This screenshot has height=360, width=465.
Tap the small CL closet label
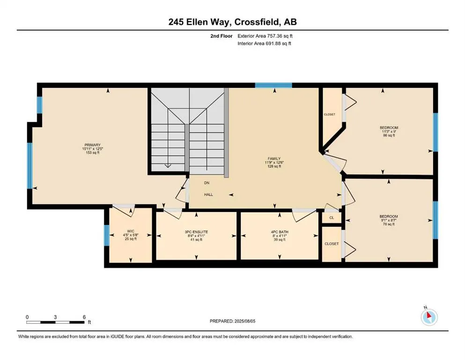[x=332, y=217]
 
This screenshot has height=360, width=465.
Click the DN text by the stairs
[x=207, y=183]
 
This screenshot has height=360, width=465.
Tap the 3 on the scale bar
[x=55, y=317]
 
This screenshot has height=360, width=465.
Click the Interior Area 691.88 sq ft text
[x=265, y=44]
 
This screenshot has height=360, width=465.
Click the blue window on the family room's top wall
[x=273, y=85]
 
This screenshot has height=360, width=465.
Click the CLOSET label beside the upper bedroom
[x=330, y=114]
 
